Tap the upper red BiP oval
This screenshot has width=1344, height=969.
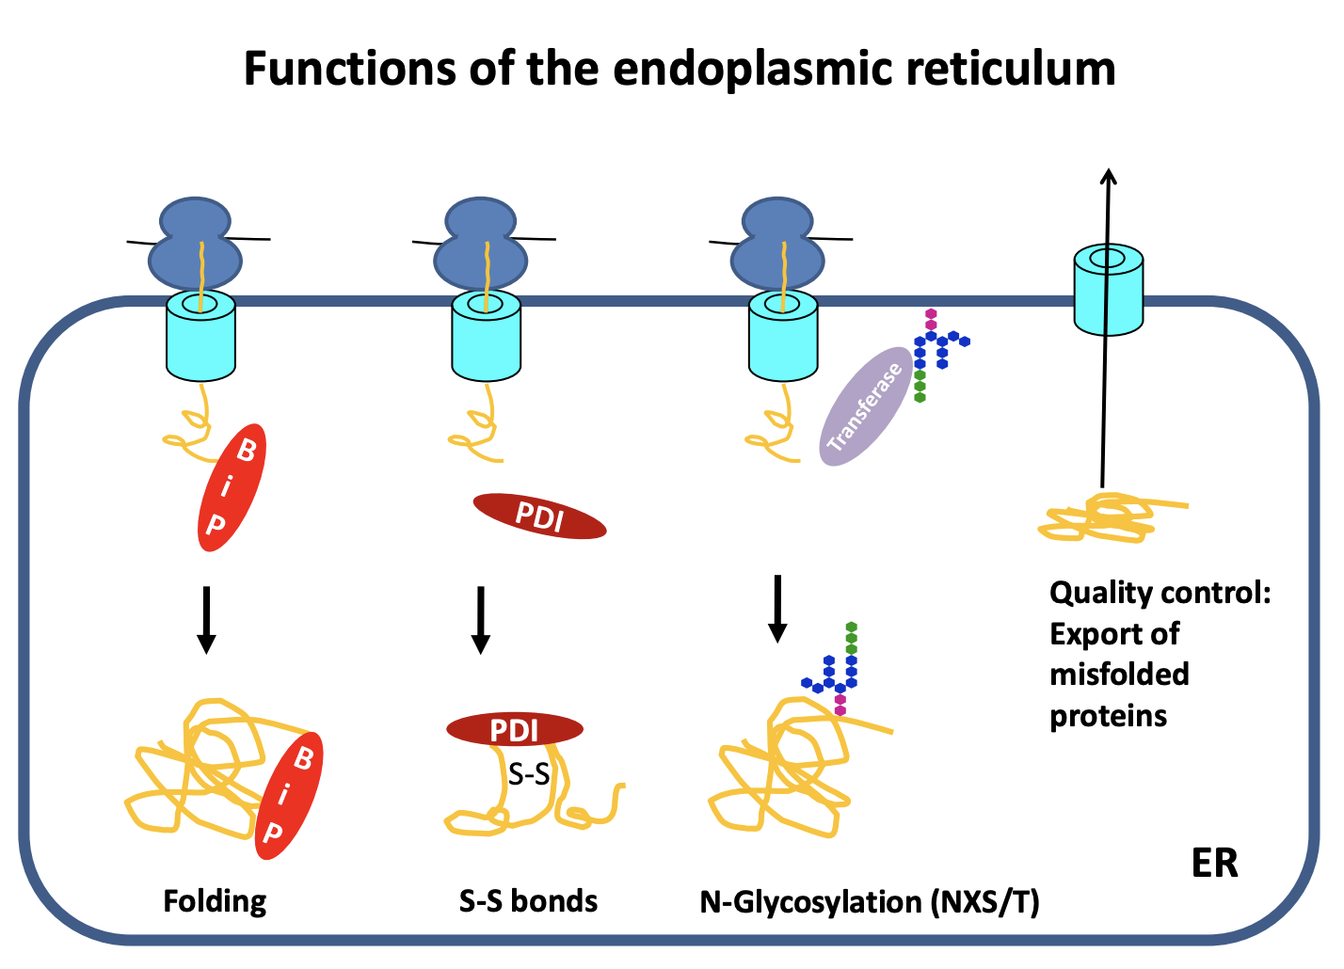(x=232, y=487)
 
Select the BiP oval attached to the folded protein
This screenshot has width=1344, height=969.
(x=289, y=796)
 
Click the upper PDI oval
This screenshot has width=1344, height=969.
(x=539, y=516)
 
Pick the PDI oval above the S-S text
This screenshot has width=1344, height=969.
(x=515, y=729)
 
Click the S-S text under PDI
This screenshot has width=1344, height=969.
(x=529, y=774)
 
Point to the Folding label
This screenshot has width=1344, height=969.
(x=215, y=901)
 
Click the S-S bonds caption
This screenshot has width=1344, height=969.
(x=528, y=901)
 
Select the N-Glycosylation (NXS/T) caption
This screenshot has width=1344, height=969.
(x=870, y=902)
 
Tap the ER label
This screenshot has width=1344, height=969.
(x=1214, y=863)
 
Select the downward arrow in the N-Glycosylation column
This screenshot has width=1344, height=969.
(x=777, y=608)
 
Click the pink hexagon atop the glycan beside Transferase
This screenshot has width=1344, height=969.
(x=931, y=315)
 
